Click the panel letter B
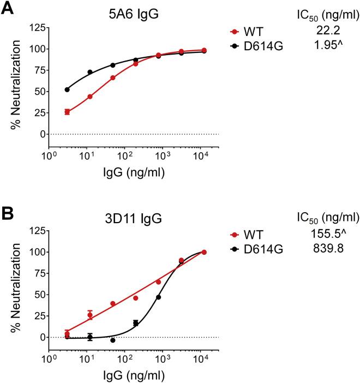click(8, 212)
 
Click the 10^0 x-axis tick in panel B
click(50, 361)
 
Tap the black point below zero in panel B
click(112, 340)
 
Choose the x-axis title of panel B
click(134, 376)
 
